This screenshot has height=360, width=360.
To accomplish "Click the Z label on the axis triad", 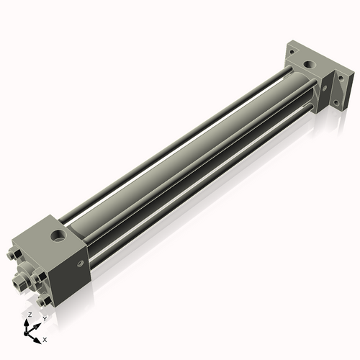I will (x=29, y=315).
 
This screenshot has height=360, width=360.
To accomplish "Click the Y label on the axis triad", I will (x=44, y=318).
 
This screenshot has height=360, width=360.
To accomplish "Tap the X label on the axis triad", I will (x=45, y=338).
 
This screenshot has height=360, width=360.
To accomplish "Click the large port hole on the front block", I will (x=55, y=235).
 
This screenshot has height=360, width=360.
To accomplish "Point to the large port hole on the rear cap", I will (x=309, y=66).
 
